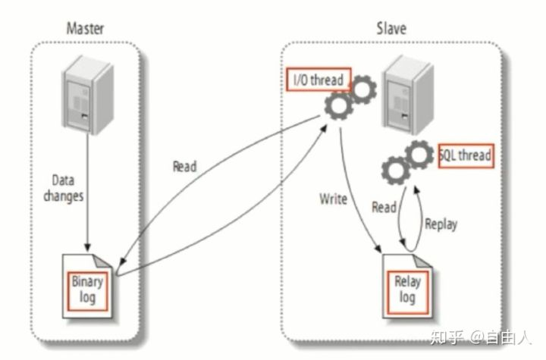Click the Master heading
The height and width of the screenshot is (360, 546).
pos(85,29)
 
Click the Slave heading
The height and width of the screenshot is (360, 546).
pos(391,28)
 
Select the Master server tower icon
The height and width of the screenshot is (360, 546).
pos(88,95)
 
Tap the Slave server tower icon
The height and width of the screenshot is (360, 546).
pos(408,95)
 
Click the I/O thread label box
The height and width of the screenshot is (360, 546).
pos(318,80)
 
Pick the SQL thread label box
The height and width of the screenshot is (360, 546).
pos(466,155)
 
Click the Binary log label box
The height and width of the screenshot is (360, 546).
pos(87,291)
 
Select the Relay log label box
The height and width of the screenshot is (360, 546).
pos(407,291)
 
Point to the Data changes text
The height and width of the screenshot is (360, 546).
pos(64,189)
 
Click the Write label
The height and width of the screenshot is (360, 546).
pos(333,199)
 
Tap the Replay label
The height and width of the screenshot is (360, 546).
pos(441,224)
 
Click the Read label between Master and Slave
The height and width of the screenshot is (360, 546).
pos(185,167)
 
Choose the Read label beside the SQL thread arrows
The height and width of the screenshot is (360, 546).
pos(384,208)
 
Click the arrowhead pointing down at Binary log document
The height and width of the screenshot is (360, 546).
pos(87,247)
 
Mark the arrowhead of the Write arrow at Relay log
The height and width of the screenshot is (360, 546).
pos(378,249)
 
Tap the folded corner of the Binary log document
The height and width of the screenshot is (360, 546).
pos(102,261)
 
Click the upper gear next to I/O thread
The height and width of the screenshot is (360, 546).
pos(362,89)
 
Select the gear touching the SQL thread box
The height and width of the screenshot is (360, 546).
pos(419,155)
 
